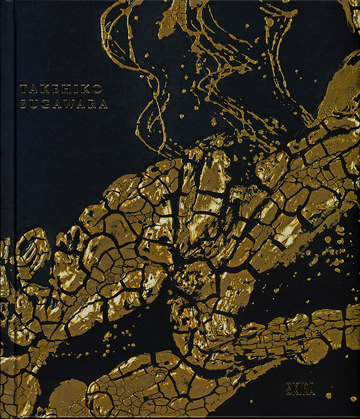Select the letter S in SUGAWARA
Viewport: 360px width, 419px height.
[23, 103]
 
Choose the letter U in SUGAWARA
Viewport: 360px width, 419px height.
[33, 103]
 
